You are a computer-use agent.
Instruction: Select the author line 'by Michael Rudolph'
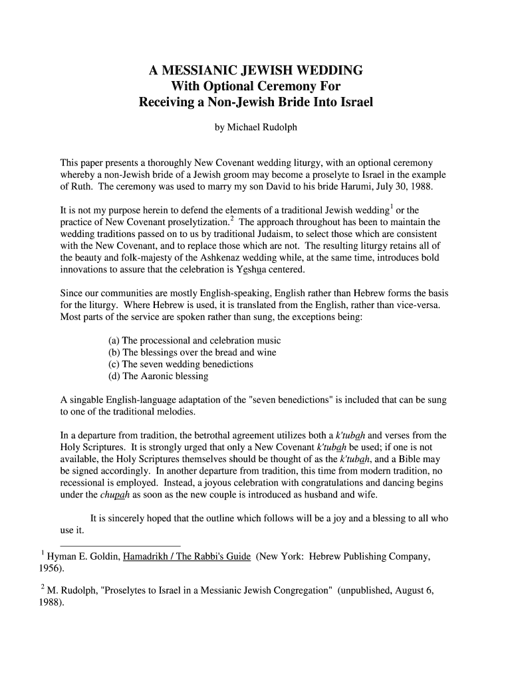[255, 127]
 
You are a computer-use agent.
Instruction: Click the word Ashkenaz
[237, 258]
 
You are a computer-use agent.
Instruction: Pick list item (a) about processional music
[194, 341]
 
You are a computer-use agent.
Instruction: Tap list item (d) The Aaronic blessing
[158, 377]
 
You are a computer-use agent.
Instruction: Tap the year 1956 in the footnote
[51, 569]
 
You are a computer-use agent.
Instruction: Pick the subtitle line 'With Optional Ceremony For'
[256, 86]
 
